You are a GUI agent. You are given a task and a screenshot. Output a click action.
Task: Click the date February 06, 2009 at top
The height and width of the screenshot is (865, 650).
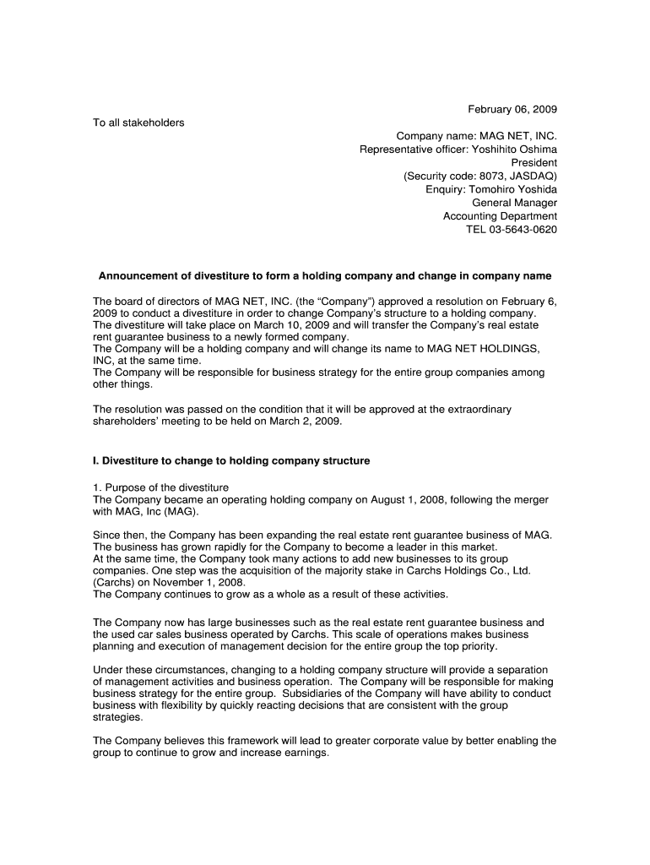coord(513,110)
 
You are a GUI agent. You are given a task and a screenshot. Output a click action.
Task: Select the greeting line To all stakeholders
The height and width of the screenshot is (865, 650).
coord(138,123)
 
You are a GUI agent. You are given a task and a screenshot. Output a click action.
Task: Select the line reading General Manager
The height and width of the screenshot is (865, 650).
coord(514,203)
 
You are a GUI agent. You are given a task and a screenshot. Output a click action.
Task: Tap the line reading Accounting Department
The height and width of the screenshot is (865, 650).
coord(500,216)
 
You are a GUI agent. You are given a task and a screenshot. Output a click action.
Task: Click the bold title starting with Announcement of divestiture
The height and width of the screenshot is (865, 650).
coord(325,276)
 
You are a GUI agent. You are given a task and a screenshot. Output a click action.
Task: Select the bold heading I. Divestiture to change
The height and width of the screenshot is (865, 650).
coord(231,461)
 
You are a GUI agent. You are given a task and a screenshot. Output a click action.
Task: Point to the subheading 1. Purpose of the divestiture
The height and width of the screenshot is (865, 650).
coord(160,487)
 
